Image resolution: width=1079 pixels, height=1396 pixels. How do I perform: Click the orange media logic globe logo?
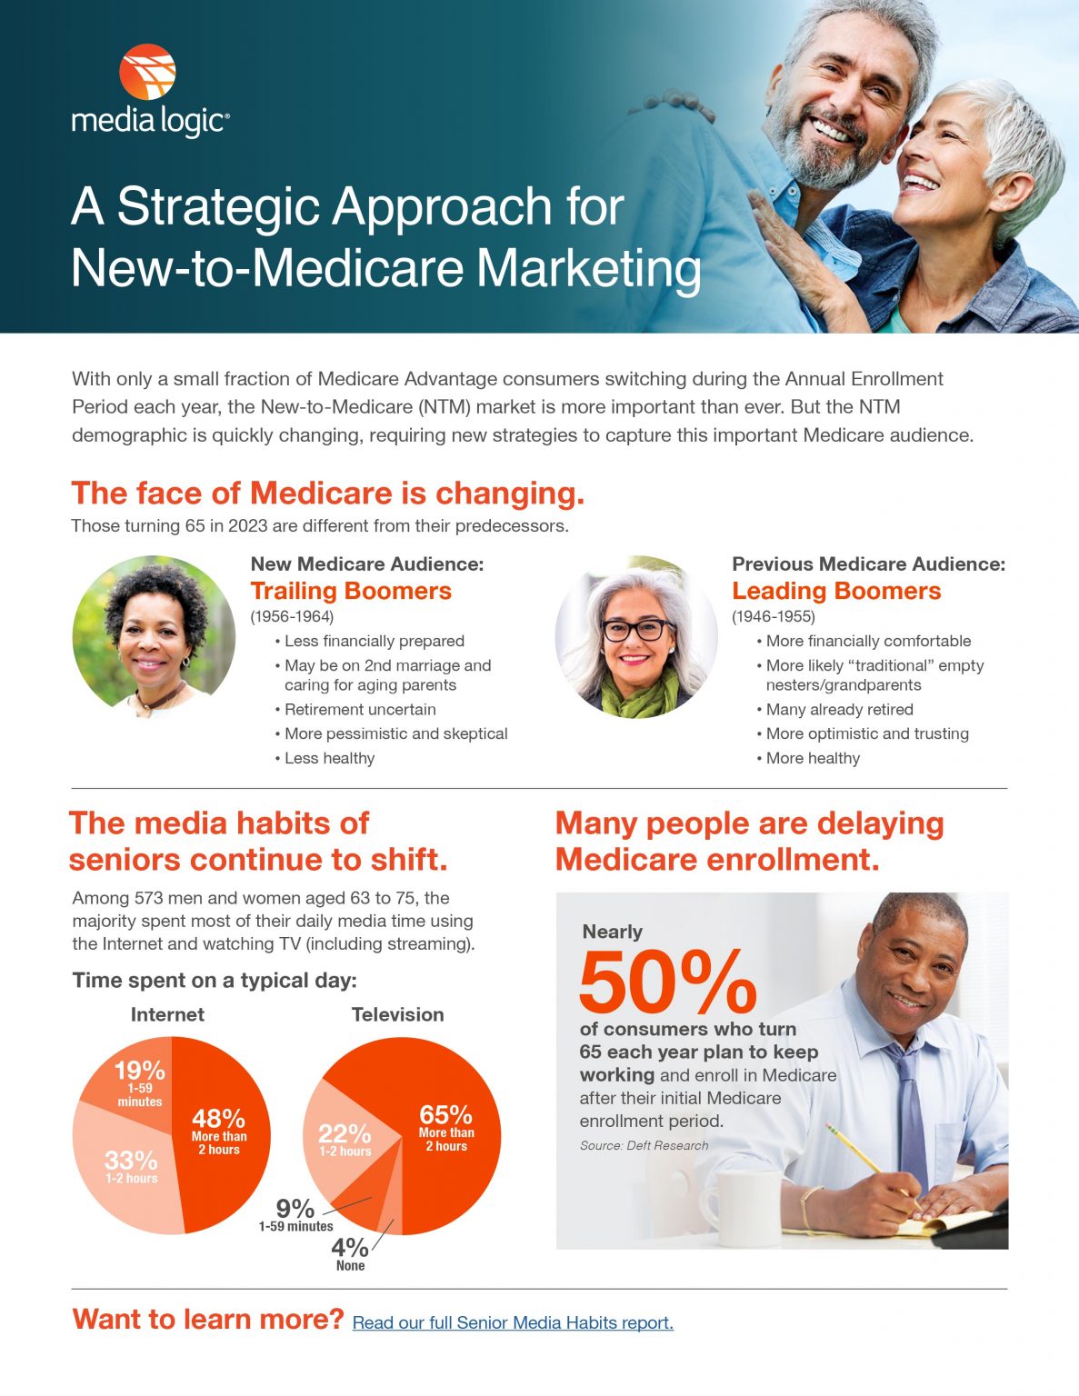pos(147,72)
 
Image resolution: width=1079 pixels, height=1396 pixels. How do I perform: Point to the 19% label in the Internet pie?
pos(139,1072)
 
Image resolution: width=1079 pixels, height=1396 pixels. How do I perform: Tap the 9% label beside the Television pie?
pos(295,1210)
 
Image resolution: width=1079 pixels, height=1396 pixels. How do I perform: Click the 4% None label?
pos(350,1252)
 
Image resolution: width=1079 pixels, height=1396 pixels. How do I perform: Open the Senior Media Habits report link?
pos(513,1322)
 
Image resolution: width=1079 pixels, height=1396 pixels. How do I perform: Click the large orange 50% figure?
pos(667,982)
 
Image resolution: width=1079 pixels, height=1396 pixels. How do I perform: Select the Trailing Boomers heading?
pos(351,591)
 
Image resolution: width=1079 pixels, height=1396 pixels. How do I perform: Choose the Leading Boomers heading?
pos(836,591)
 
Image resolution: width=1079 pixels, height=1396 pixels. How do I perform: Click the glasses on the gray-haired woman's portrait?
pos(638,629)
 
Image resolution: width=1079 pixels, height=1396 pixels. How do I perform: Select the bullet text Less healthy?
pos(329,758)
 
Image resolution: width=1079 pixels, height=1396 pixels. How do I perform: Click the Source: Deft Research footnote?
pos(644,1145)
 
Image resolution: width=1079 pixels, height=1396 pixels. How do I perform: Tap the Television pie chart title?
pos(397,1014)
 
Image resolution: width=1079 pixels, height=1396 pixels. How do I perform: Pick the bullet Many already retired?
pos(839,709)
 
